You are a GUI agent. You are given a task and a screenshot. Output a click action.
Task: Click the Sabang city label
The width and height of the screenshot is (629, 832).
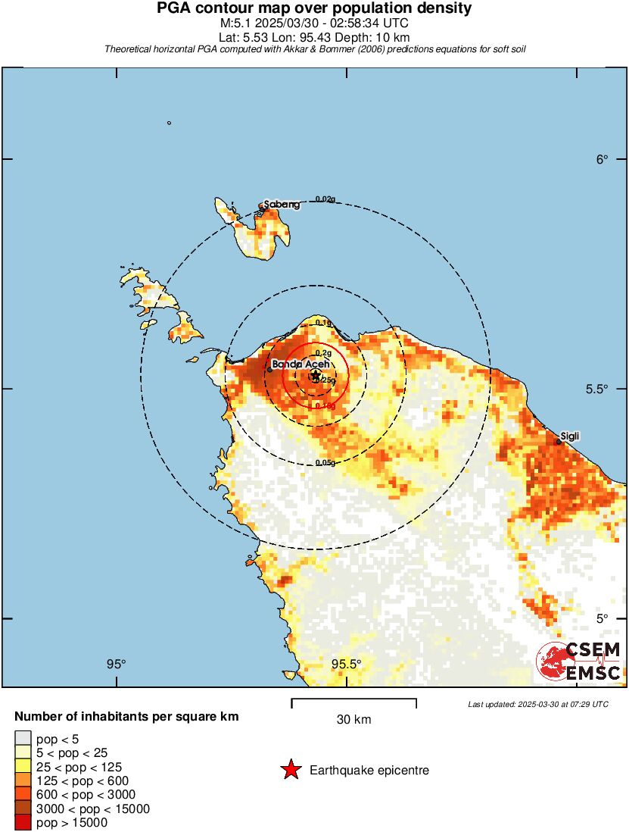(282, 205)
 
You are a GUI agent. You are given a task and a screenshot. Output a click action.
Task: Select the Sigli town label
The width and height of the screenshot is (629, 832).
(571, 436)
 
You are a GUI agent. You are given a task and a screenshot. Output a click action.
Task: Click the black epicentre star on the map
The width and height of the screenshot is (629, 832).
(316, 376)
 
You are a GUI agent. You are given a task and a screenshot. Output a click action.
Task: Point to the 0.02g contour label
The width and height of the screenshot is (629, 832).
(325, 199)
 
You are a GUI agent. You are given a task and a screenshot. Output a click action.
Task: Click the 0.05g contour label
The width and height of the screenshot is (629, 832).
(325, 462)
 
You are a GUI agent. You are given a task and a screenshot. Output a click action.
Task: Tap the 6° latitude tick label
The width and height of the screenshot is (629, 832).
(602, 159)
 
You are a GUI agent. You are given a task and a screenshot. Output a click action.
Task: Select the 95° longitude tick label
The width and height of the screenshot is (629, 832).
(116, 665)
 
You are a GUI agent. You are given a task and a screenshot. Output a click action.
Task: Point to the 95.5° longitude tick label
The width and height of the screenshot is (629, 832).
(347, 665)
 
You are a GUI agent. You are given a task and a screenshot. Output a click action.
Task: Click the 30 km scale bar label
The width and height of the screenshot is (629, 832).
(353, 720)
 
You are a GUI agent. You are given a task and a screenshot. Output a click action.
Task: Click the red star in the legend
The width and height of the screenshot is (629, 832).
(290, 771)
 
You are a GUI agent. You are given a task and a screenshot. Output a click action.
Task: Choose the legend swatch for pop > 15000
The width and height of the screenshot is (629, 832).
(23, 822)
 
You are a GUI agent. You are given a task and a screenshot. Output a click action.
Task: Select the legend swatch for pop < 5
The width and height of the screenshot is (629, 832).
(23, 738)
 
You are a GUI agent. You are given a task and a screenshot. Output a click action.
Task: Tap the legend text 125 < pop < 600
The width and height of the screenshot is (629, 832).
(83, 780)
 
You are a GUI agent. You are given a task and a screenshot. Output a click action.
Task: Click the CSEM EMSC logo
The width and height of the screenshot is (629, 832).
(579, 661)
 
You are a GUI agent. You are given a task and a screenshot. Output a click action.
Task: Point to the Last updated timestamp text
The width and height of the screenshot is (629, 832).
(538, 705)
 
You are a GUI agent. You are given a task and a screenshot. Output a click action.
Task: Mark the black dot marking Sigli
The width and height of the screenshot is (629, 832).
(559, 443)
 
